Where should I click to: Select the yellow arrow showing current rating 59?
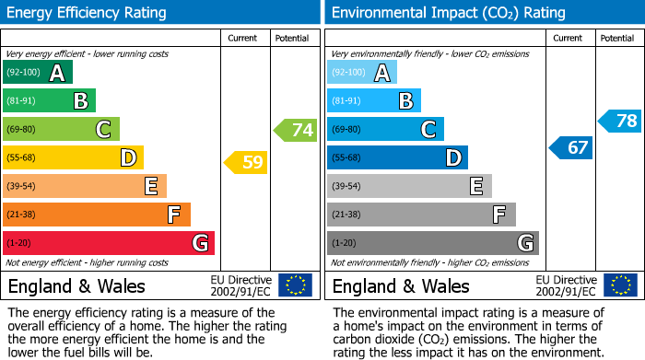click(246, 163)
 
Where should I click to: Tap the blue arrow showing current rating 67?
click(572, 147)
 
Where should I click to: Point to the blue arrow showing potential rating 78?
click(621, 121)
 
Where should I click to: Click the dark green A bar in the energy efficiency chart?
click(38, 73)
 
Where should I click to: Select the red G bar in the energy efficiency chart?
click(109, 243)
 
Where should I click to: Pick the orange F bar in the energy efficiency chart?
click(97, 215)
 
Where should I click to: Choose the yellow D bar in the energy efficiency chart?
click(73, 157)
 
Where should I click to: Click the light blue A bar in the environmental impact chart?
click(362, 73)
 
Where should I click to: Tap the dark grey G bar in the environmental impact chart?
click(433, 243)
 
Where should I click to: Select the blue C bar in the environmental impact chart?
click(385, 129)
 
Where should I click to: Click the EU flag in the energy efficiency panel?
click(295, 285)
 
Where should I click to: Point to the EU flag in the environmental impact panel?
click(619, 285)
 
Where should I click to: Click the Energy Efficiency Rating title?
click(88, 13)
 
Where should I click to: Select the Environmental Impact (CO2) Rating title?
click(448, 13)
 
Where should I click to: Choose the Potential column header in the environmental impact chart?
click(617, 38)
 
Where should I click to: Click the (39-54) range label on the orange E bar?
click(23, 186)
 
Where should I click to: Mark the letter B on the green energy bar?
click(81, 101)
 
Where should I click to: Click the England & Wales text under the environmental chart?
click(401, 285)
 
